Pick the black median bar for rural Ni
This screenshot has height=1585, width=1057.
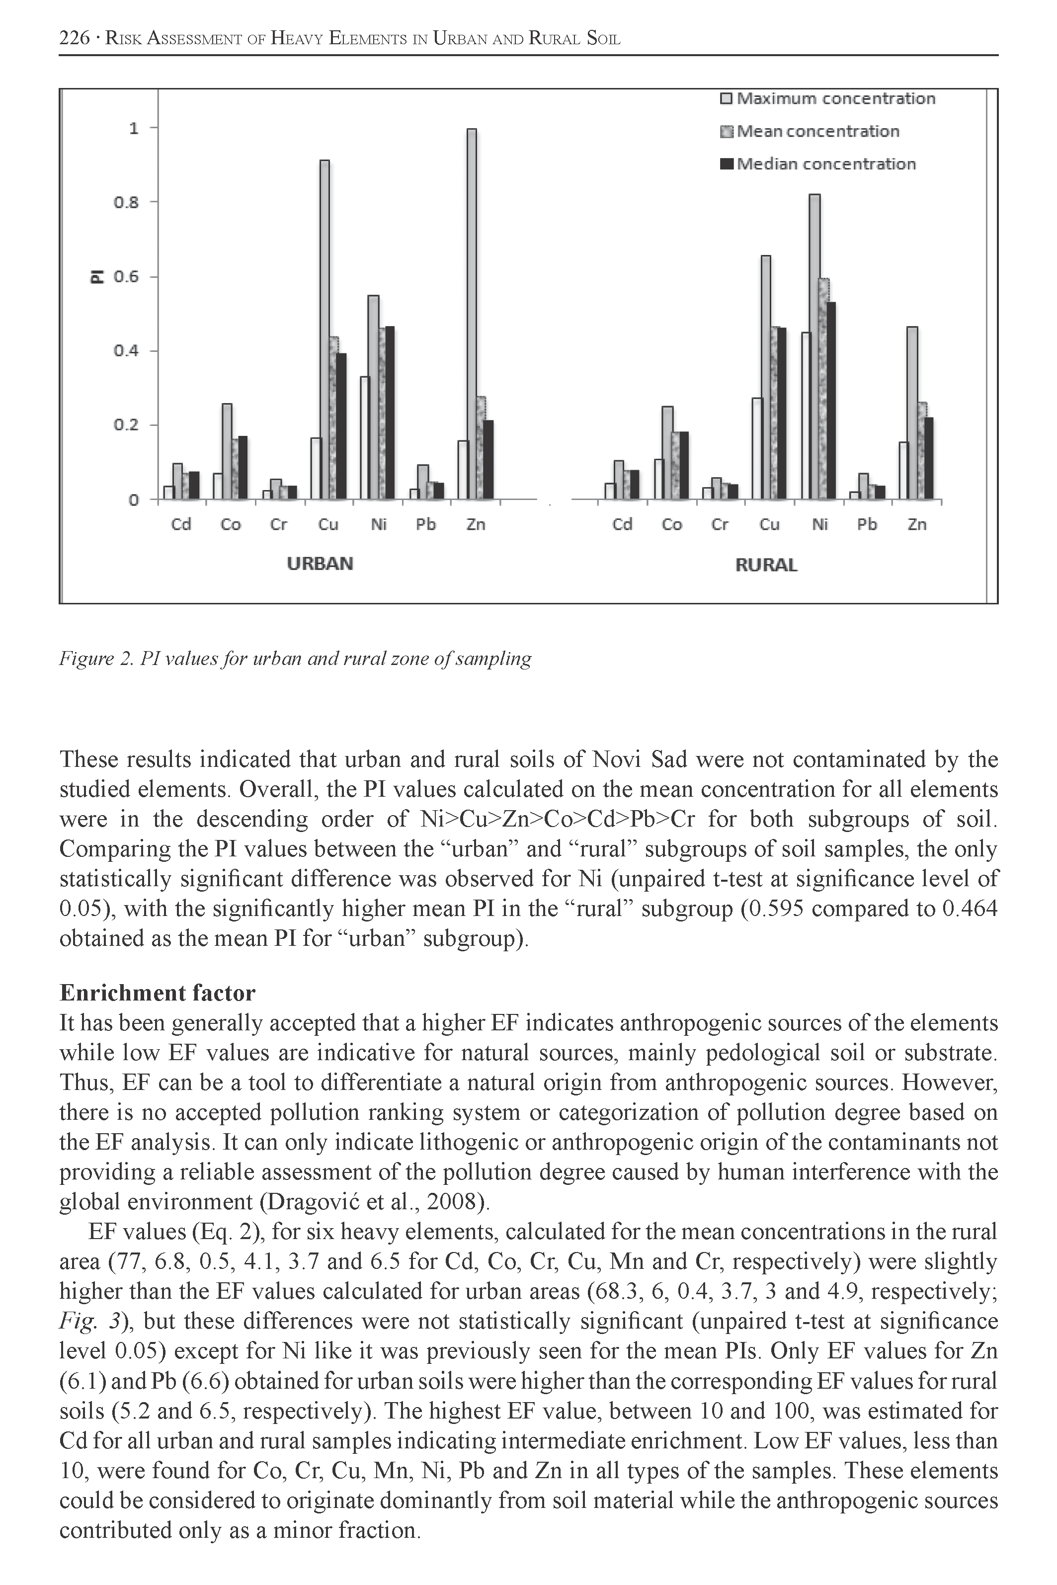pyautogui.click(x=830, y=401)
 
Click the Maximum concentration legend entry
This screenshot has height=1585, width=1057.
pyautogui.click(x=828, y=98)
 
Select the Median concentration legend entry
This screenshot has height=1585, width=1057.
pyautogui.click(x=818, y=164)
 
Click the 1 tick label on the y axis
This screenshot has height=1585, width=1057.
pyautogui.click(x=134, y=127)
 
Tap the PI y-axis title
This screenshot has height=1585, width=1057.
pyautogui.click(x=98, y=276)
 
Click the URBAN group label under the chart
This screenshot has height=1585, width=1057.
pyautogui.click(x=320, y=564)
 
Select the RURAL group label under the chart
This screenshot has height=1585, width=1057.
pyautogui.click(x=766, y=565)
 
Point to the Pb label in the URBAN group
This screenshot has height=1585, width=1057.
pyautogui.click(x=425, y=524)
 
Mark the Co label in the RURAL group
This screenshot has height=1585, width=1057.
pyautogui.click(x=671, y=524)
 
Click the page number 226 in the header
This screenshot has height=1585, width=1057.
pyautogui.click(x=74, y=38)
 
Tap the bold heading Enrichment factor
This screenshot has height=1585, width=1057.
pyautogui.click(x=157, y=993)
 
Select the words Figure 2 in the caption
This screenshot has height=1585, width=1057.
pyautogui.click(x=96, y=658)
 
